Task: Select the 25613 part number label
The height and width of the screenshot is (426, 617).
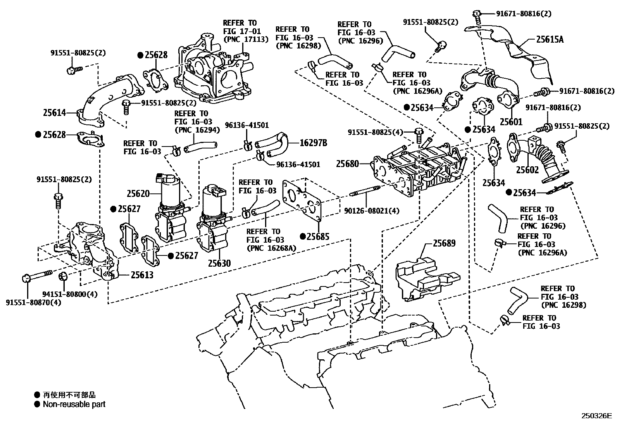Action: [x=142, y=275]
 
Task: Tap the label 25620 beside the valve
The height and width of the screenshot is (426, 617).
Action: [x=138, y=193]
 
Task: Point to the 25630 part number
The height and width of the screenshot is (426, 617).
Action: [x=219, y=264]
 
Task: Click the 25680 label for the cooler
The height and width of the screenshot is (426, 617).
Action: [x=347, y=164]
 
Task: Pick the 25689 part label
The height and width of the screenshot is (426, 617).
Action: [x=444, y=243]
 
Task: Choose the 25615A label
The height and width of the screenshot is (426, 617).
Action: [x=550, y=39]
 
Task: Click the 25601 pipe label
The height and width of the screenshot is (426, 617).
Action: [x=511, y=122]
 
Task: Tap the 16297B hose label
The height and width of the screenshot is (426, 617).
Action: [x=313, y=143]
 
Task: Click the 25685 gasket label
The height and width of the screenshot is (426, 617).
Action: [x=318, y=236]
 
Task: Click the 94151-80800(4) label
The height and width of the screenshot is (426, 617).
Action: [x=76, y=294]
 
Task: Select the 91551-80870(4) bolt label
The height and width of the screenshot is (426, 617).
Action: [x=33, y=302]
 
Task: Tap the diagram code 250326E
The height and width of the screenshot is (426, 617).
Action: [x=596, y=416]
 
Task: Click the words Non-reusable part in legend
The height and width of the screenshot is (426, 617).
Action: [x=74, y=404]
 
